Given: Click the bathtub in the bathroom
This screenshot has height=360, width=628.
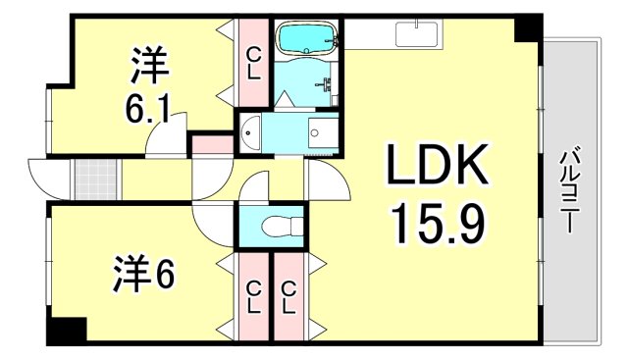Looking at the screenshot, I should point(306,39).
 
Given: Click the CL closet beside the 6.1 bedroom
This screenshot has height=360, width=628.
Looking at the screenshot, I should point(253,65).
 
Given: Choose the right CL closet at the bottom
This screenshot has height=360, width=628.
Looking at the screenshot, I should point(288,294).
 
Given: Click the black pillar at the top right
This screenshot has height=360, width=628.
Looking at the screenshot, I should point(529,27).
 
